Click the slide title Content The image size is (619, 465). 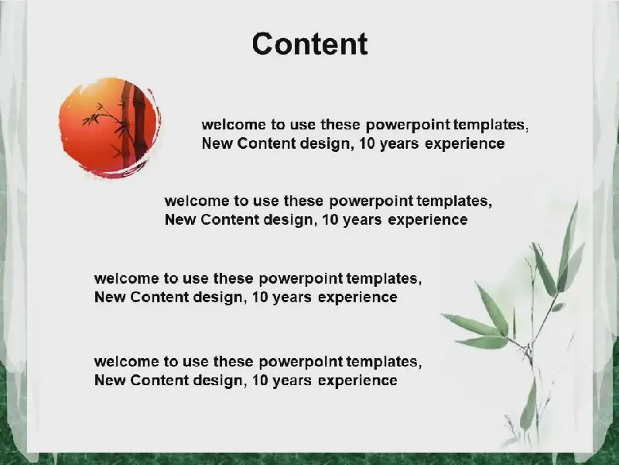(x=310, y=43)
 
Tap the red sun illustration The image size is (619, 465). (x=110, y=127)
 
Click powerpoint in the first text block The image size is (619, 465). (x=408, y=126)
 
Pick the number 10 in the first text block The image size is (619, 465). (x=367, y=143)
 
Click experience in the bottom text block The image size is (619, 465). (x=357, y=381)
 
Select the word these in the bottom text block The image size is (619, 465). (x=234, y=362)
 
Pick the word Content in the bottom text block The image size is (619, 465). (x=159, y=381)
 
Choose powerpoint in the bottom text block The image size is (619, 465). (x=301, y=362)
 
